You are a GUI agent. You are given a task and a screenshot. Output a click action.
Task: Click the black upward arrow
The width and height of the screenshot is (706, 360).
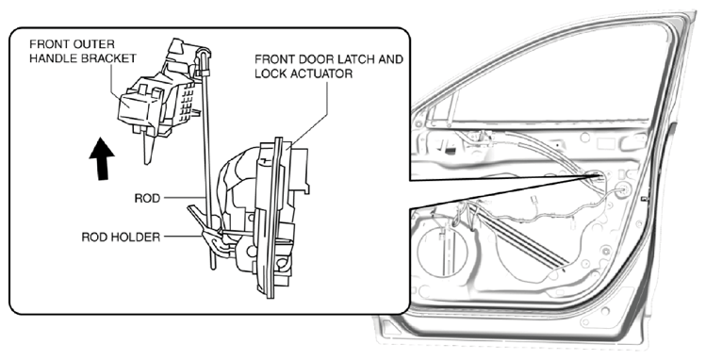coord(102,159)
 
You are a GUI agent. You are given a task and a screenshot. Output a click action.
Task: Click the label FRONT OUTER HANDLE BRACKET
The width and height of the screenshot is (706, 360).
coord(82,51)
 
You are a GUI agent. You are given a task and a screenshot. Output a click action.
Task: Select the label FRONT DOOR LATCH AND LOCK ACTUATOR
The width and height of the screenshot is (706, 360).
coord(329,66)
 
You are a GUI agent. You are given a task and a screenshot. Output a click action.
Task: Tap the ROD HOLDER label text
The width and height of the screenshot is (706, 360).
coord(121,237)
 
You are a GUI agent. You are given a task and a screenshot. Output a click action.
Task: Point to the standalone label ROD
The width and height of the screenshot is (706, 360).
coord(147,199)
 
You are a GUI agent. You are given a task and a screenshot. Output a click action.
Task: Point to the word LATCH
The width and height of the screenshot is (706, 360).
coord(349,59)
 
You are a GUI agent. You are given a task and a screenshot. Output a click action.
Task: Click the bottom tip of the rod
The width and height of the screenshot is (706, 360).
coord(213,268)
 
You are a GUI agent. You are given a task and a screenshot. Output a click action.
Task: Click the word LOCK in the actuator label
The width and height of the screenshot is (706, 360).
coord(271,74)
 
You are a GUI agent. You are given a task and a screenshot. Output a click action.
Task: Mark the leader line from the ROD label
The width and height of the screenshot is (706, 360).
coord(184,198)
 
